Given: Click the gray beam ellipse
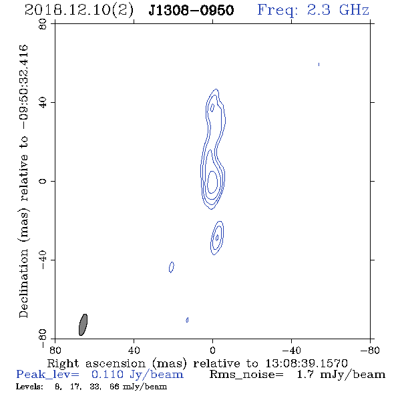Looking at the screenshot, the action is [x=83, y=325].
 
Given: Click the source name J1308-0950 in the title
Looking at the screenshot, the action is [x=191, y=10].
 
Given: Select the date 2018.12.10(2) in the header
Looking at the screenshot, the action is [x=79, y=10].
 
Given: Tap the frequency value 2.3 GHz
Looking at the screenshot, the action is [x=338, y=10].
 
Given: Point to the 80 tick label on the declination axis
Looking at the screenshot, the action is [x=43, y=24].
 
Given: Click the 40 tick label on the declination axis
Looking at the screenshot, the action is [x=43, y=103].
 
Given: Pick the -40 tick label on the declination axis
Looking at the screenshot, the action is [x=43, y=260].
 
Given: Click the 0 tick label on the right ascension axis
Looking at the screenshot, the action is [x=212, y=350].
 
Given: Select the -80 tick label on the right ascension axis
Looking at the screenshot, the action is [x=370, y=350].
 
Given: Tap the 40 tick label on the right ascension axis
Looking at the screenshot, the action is [x=134, y=350].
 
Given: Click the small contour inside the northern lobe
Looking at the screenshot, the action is [x=212, y=108].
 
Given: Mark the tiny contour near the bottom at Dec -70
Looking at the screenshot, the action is [x=187, y=320].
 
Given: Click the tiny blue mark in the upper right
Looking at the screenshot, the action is [x=319, y=65].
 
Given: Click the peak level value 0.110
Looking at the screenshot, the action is [x=108, y=375].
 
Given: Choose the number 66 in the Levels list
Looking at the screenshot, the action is [x=114, y=387].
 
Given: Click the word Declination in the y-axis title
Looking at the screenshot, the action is [x=23, y=283].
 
